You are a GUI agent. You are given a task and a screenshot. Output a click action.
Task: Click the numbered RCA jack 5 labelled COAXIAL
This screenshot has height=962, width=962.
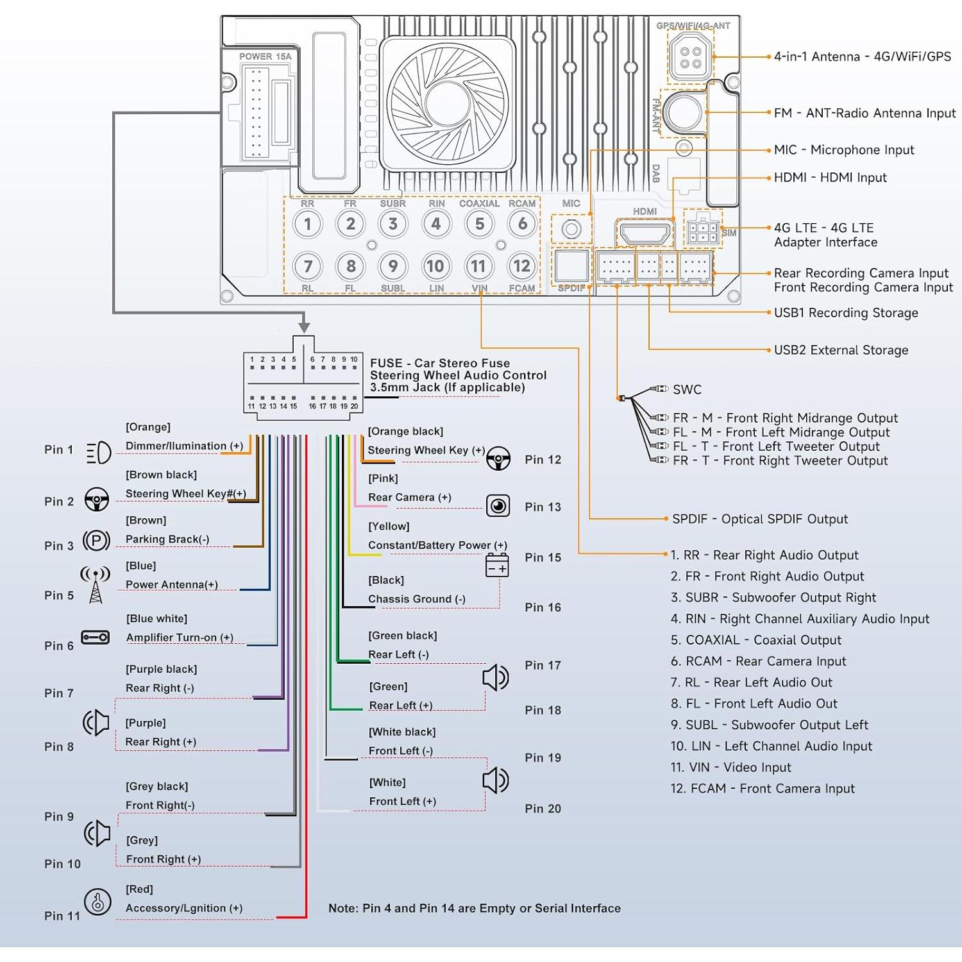click(x=479, y=224)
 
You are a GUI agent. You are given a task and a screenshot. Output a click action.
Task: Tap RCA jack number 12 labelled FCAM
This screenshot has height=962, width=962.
click(x=522, y=266)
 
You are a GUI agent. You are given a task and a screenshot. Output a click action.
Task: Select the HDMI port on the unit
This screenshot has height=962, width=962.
click(x=645, y=233)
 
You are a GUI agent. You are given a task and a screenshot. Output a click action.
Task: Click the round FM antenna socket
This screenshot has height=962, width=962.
click(x=684, y=112)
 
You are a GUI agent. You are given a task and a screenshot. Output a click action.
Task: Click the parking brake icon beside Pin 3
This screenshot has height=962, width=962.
click(x=96, y=541)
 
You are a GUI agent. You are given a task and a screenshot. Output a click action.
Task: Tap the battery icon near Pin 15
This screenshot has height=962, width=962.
click(x=497, y=566)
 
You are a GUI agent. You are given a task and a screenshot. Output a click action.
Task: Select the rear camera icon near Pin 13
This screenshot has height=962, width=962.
click(x=498, y=506)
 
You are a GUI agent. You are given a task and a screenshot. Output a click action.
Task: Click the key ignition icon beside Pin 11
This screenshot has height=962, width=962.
click(x=97, y=902)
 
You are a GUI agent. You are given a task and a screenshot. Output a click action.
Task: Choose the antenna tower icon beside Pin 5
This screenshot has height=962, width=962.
click(x=96, y=584)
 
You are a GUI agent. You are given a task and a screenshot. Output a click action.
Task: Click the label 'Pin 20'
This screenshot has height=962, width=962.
click(x=543, y=809)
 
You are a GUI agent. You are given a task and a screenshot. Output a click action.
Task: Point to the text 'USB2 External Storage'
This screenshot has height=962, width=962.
click(x=841, y=350)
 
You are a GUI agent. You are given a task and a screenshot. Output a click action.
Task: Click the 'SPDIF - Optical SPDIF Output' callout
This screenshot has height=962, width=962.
click(x=760, y=519)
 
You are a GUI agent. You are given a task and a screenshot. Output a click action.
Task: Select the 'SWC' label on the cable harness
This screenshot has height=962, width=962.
click(x=687, y=390)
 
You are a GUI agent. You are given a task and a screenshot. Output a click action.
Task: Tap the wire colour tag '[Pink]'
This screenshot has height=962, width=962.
click(x=383, y=478)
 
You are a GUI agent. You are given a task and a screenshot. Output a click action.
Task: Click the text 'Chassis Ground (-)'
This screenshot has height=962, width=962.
click(x=417, y=599)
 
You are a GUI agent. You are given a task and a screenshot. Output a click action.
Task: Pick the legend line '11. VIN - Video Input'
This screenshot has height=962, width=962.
click(x=730, y=768)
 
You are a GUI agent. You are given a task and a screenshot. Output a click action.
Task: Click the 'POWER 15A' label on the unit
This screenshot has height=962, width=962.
click(x=265, y=56)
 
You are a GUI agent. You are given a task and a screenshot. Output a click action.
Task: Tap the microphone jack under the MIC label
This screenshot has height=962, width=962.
click(x=571, y=229)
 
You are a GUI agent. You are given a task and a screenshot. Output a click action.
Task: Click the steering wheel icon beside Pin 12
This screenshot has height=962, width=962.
click(x=498, y=458)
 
